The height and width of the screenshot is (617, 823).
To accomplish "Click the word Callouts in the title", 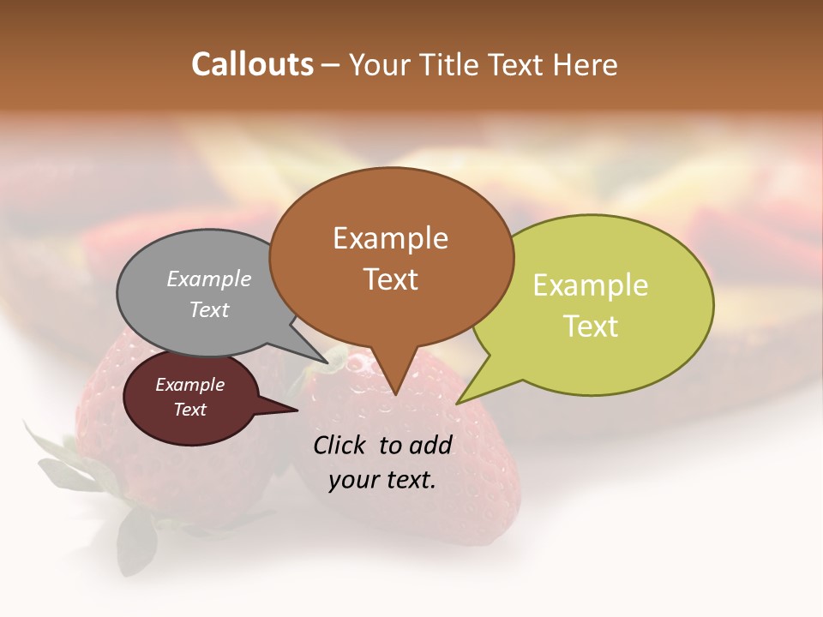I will point(252,64).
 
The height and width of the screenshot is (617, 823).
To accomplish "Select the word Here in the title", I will point(586,64).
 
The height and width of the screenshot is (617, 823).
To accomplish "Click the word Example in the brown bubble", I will point(390,238).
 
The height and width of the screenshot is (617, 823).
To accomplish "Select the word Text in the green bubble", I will point(591,326).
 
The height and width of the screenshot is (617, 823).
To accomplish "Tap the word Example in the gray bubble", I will point(208,279).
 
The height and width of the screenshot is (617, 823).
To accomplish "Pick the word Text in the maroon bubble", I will point(189,410).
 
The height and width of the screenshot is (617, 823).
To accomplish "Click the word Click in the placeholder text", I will point(341,445).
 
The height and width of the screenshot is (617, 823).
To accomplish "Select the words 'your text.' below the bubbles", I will point(382,480).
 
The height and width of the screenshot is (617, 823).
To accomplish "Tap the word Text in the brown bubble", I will point(391,279).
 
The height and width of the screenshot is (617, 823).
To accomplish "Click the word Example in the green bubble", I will point(591,285).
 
